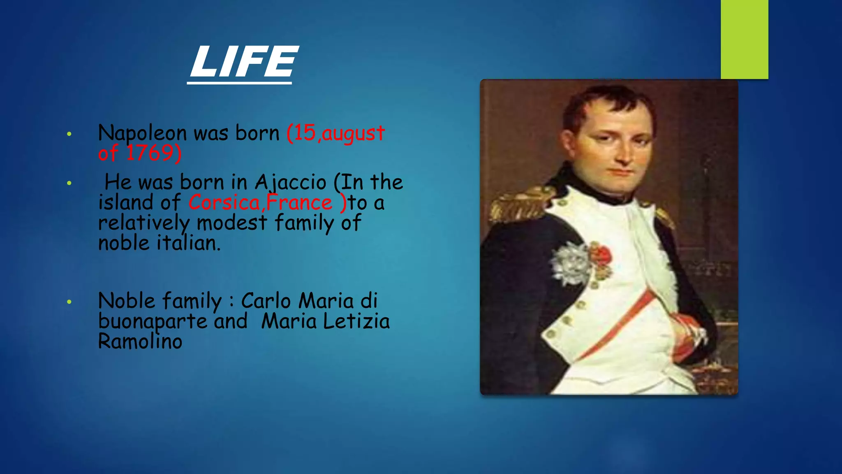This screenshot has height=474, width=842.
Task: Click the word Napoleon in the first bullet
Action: pyautogui.click(x=142, y=133)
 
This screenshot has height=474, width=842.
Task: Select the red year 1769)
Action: pyautogui.click(x=153, y=153)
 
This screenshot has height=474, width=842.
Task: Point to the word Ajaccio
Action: pyautogui.click(x=290, y=182)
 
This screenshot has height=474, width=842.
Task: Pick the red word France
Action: pyautogui.click(x=299, y=203)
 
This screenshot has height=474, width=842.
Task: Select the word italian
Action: pyautogui.click(x=189, y=243)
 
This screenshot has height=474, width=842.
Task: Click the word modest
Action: pyautogui.click(x=232, y=223)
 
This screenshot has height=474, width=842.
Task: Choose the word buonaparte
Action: pyautogui.click(x=153, y=321)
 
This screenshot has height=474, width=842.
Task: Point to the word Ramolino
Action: pyautogui.click(x=140, y=342)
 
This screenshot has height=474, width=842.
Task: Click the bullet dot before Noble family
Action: pyautogui.click(x=69, y=302)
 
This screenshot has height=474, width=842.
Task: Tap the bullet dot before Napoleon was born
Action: pyautogui.click(x=69, y=134)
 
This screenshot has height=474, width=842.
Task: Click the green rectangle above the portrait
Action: pyautogui.click(x=744, y=39)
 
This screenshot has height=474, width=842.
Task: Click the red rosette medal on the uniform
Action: pyautogui.click(x=601, y=255)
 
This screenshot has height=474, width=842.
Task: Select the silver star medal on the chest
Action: pyautogui.click(x=571, y=263)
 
